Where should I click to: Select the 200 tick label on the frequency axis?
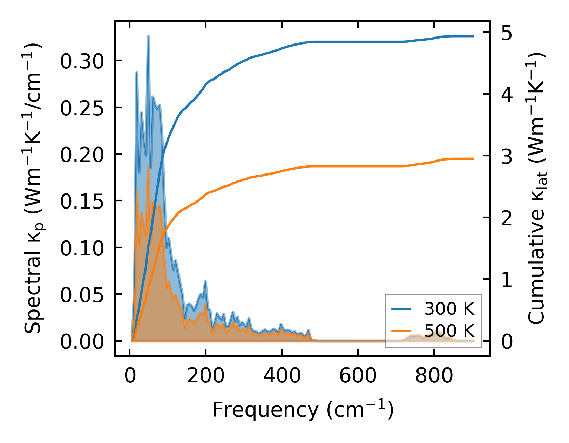tap(205, 376)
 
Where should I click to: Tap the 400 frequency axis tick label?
tap(282, 376)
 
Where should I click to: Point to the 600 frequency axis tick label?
tap(358, 376)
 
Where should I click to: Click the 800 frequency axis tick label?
tap(434, 376)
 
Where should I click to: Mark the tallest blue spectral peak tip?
tap(148, 36)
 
